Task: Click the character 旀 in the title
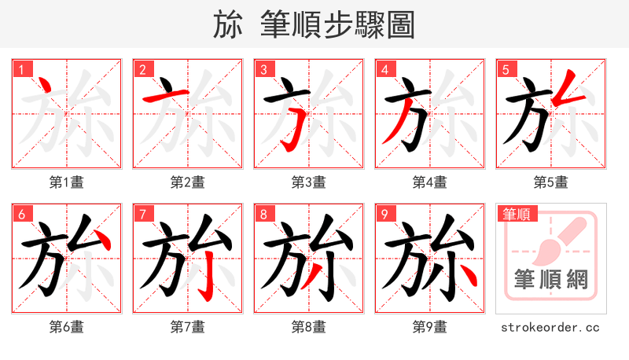(x=228, y=25)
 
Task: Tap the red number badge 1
(x=20, y=69)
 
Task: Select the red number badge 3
(x=263, y=69)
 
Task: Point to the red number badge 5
(x=505, y=69)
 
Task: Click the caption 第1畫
(x=66, y=182)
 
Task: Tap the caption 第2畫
(x=187, y=182)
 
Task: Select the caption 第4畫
(x=429, y=182)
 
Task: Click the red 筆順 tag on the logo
(x=517, y=213)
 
